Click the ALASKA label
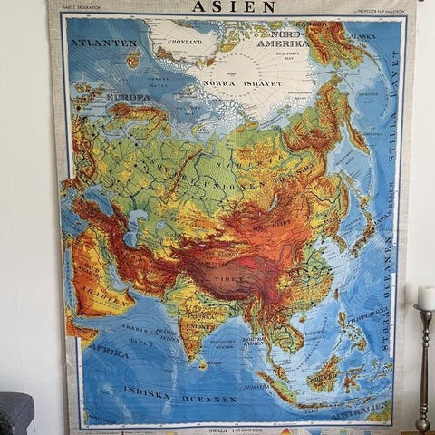(362, 37)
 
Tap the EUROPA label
(129, 96)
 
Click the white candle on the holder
(425, 297)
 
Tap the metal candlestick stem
(423, 372)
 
